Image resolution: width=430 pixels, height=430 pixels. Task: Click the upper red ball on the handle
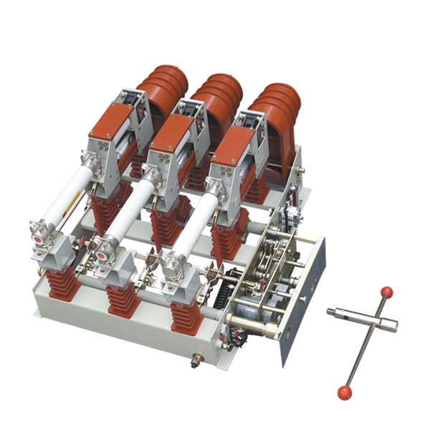click(x=387, y=292)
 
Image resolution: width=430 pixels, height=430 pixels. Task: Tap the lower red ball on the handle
click(x=345, y=392)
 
